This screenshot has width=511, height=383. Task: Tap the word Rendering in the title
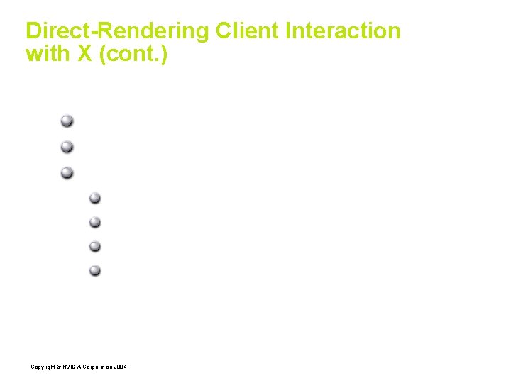[x=150, y=31]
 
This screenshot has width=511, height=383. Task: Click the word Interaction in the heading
[x=344, y=31]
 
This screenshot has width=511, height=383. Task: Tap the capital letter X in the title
[x=84, y=54]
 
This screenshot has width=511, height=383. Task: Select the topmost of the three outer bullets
[x=67, y=121]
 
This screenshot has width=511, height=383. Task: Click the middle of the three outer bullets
[x=67, y=147]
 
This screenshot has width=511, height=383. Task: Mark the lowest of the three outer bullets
[x=67, y=172]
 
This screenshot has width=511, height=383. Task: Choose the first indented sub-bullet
[x=95, y=199]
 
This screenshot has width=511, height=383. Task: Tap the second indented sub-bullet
[x=95, y=223]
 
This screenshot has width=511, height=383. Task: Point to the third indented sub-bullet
[x=95, y=247]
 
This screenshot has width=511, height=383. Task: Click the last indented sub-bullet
[x=95, y=270]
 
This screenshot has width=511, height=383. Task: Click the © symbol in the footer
[x=58, y=367]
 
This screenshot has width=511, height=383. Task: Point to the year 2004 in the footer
[x=121, y=367]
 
